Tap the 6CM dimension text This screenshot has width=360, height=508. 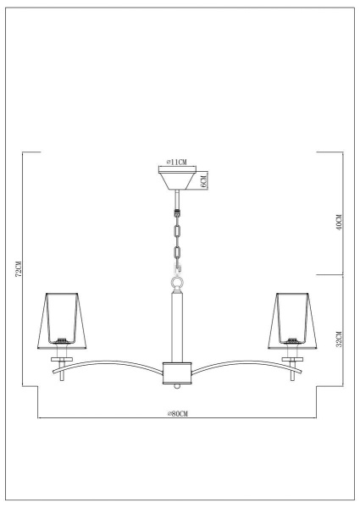point(204,180)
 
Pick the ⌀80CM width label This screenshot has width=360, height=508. point(178,412)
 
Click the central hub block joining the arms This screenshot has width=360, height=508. point(178,373)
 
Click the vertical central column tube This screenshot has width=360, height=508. point(178,326)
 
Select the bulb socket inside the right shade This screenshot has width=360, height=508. point(294,342)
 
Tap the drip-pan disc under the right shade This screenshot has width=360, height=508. point(294,359)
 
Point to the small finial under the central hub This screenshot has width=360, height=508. point(178,386)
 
